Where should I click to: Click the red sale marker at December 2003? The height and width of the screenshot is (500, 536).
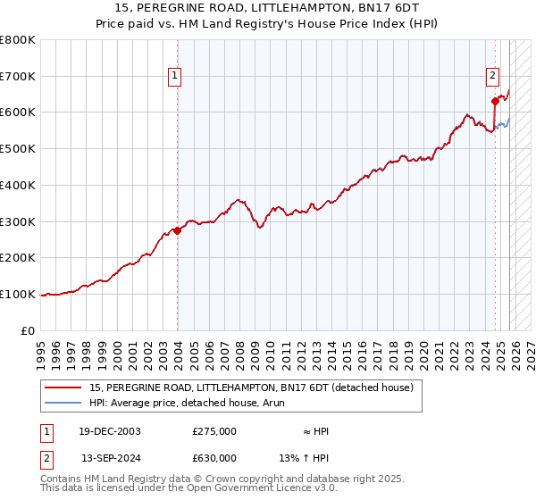click(x=177, y=230)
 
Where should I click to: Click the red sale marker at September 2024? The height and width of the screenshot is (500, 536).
click(x=494, y=101)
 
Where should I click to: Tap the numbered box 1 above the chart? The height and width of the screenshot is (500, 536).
click(x=177, y=77)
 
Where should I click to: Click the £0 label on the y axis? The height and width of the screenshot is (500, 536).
click(x=29, y=330)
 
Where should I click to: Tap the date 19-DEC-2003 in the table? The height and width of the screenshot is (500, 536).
click(x=110, y=431)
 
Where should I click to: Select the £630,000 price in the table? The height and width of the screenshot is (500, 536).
click(x=214, y=458)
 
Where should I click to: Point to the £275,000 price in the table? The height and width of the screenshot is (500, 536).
click(x=214, y=431)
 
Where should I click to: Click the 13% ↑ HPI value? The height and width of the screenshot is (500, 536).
click(x=304, y=458)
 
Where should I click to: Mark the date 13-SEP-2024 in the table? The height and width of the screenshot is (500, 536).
click(x=111, y=458)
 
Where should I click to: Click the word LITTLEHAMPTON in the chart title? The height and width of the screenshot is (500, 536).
click(x=298, y=8)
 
